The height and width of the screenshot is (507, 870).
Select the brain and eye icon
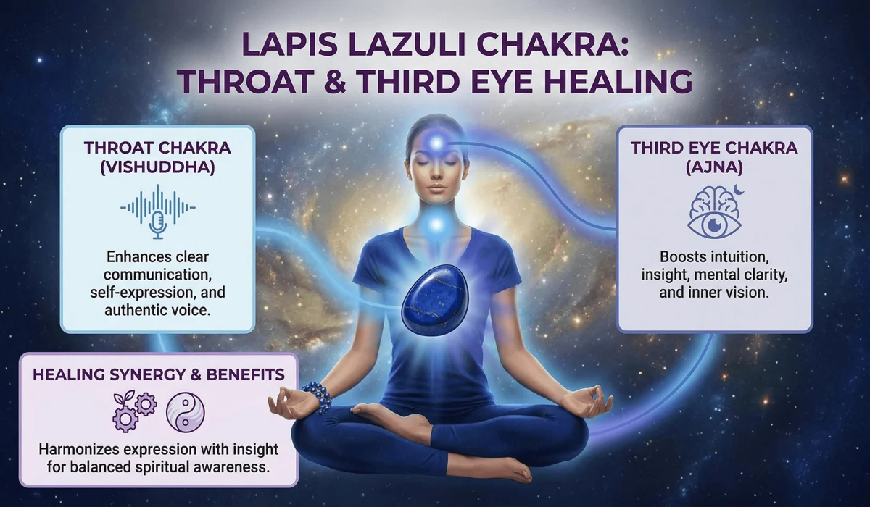click(713, 211)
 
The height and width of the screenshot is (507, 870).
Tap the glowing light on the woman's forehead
click(436, 144)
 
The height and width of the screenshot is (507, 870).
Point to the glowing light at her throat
click(436, 225)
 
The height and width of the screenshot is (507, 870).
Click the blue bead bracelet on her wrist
click(318, 397)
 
